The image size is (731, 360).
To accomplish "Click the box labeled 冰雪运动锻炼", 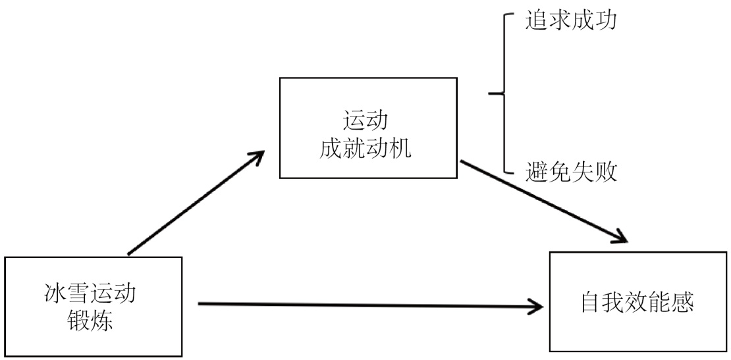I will (x=93, y=306).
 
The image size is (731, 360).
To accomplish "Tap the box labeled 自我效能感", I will (x=637, y=301).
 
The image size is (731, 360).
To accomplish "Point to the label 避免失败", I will (x=571, y=173).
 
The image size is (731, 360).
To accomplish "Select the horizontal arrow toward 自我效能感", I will (x=369, y=305).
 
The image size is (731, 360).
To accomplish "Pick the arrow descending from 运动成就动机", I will (x=540, y=201).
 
